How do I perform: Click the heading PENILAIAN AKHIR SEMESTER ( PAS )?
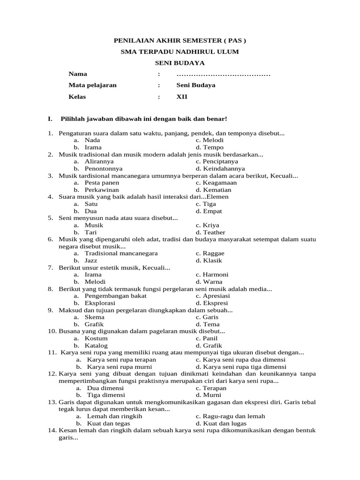pyautogui.click(x=180, y=41)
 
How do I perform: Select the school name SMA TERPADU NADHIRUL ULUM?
pyautogui.click(x=180, y=52)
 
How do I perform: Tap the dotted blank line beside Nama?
pyautogui.click(x=224, y=75)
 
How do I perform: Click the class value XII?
pyautogui.click(x=181, y=97)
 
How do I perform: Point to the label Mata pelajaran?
pyautogui.click(x=92, y=85)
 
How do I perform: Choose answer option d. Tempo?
pyautogui.click(x=210, y=147)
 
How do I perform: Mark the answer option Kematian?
pyautogui.click(x=210, y=190)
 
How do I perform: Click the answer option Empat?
pyautogui.click(x=209, y=211)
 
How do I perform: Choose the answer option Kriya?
pyautogui.click(x=208, y=225)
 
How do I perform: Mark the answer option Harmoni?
pyautogui.click(x=212, y=274)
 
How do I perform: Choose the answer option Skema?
pyautogui.click(x=94, y=317)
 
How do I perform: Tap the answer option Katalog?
pyautogui.click(x=96, y=345)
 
